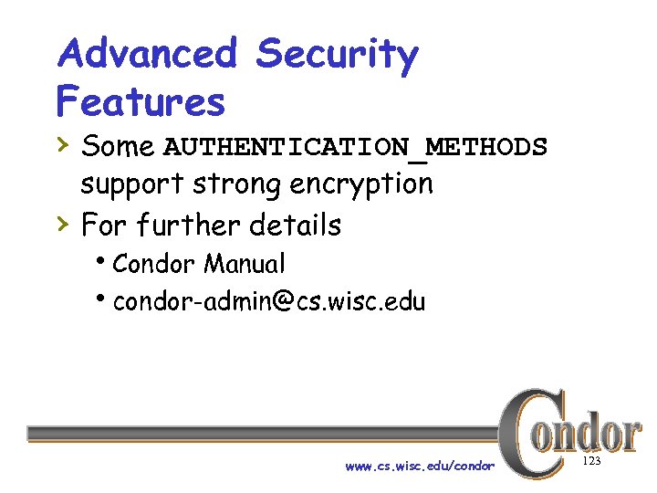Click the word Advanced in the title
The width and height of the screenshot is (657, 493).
pos(146,55)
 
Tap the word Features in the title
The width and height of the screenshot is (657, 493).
pos(140,101)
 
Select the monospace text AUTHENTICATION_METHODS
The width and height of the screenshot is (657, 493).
pos(355,147)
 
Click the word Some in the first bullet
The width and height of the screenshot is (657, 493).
pos(118,146)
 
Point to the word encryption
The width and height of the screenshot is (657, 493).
pos(361,185)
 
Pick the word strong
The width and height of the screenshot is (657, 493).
pos(237,185)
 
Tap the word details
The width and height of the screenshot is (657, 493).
pos(297,225)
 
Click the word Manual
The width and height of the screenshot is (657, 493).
pos(245,265)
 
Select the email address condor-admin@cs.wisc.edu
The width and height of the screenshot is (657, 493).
pos(269,302)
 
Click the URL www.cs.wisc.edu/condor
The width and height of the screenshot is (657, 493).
pos(420,467)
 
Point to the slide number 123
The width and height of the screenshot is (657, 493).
pos(590,462)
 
